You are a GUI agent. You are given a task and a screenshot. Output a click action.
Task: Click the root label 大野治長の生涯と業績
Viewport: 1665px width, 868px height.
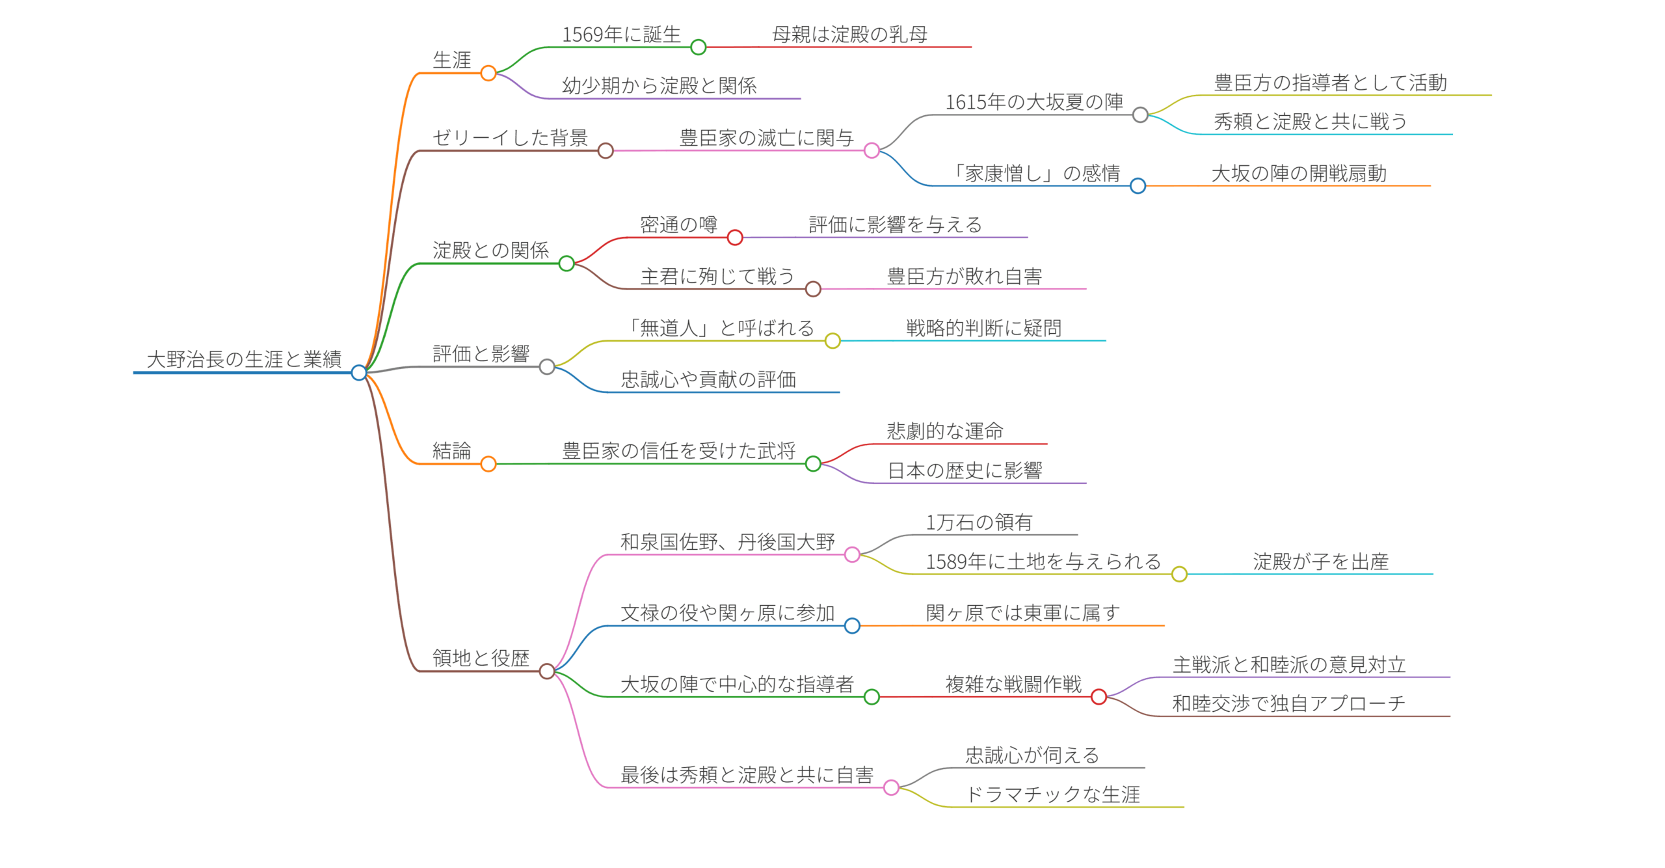[244, 359]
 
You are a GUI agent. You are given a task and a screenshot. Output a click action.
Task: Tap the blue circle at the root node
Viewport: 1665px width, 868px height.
[358, 372]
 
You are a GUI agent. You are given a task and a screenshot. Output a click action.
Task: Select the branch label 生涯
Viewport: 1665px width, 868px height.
[451, 60]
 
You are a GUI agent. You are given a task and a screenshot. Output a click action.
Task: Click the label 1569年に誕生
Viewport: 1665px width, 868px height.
[621, 34]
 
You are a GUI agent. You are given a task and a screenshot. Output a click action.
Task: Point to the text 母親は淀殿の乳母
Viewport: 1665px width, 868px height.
[849, 34]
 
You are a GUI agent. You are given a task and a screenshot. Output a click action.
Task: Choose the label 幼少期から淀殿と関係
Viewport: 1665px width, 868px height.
[659, 85]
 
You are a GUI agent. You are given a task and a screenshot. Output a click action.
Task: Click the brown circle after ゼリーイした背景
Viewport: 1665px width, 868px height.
[606, 151]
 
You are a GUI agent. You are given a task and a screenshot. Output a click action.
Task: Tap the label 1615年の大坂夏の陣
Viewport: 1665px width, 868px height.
[1034, 102]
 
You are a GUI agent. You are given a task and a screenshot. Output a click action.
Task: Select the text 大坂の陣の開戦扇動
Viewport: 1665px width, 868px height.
[1299, 173]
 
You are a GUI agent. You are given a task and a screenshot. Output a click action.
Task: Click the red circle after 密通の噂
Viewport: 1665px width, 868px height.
[735, 237]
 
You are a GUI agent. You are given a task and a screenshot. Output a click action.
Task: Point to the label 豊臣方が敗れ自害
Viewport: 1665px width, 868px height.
[964, 277]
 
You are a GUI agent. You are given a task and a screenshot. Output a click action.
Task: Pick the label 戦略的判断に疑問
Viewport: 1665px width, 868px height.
[983, 328]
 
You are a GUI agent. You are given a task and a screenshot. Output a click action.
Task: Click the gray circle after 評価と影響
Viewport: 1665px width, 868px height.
[547, 367]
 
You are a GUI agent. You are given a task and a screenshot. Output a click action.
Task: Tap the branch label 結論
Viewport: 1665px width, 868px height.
[451, 450]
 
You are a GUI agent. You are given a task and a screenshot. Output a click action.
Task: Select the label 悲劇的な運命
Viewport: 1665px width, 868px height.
[944, 431]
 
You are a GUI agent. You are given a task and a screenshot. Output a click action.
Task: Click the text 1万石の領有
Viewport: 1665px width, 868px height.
[979, 522]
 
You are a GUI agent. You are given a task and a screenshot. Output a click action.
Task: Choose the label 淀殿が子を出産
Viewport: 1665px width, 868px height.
[1320, 561]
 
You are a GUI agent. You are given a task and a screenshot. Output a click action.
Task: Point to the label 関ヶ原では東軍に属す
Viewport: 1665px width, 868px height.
[1022, 612]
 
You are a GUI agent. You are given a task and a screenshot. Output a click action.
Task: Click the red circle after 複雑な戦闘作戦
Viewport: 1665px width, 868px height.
[1099, 697]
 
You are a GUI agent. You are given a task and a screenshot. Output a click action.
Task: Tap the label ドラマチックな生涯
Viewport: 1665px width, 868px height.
[1052, 794]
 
